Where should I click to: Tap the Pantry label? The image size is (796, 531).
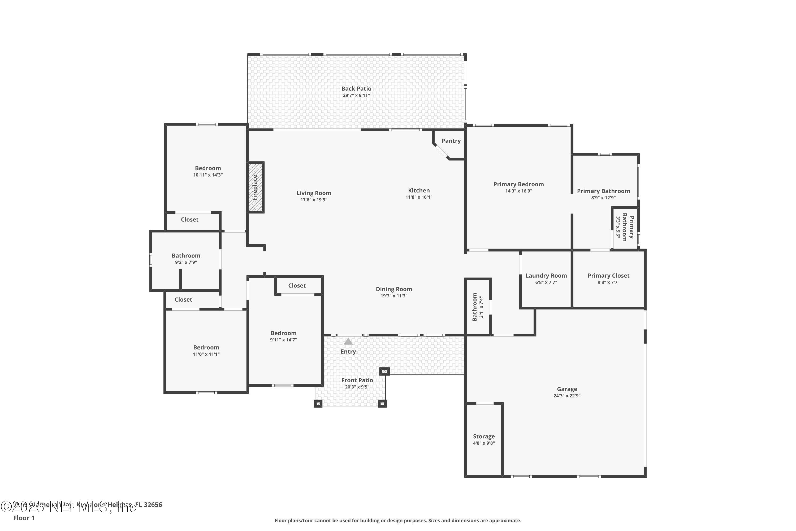451,141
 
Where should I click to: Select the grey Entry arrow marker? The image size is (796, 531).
348,341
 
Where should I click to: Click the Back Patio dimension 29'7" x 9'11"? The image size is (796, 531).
356,96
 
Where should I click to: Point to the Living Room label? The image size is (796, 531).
313,193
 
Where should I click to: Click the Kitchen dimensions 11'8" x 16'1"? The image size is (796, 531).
419,197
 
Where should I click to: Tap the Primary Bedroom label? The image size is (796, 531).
518,184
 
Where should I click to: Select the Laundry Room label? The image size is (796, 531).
546,276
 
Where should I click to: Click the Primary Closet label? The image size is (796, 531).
608,276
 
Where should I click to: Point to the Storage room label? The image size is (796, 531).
484,436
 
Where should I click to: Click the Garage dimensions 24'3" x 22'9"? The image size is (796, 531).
566,396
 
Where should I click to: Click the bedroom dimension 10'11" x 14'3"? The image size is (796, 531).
208,175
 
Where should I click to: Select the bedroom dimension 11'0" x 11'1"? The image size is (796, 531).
206,354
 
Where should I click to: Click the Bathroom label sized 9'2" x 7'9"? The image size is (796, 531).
186,256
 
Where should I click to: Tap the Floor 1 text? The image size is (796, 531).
24,518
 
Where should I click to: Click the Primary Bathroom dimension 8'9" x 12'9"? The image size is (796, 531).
603,198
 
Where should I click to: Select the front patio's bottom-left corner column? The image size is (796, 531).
318,404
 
